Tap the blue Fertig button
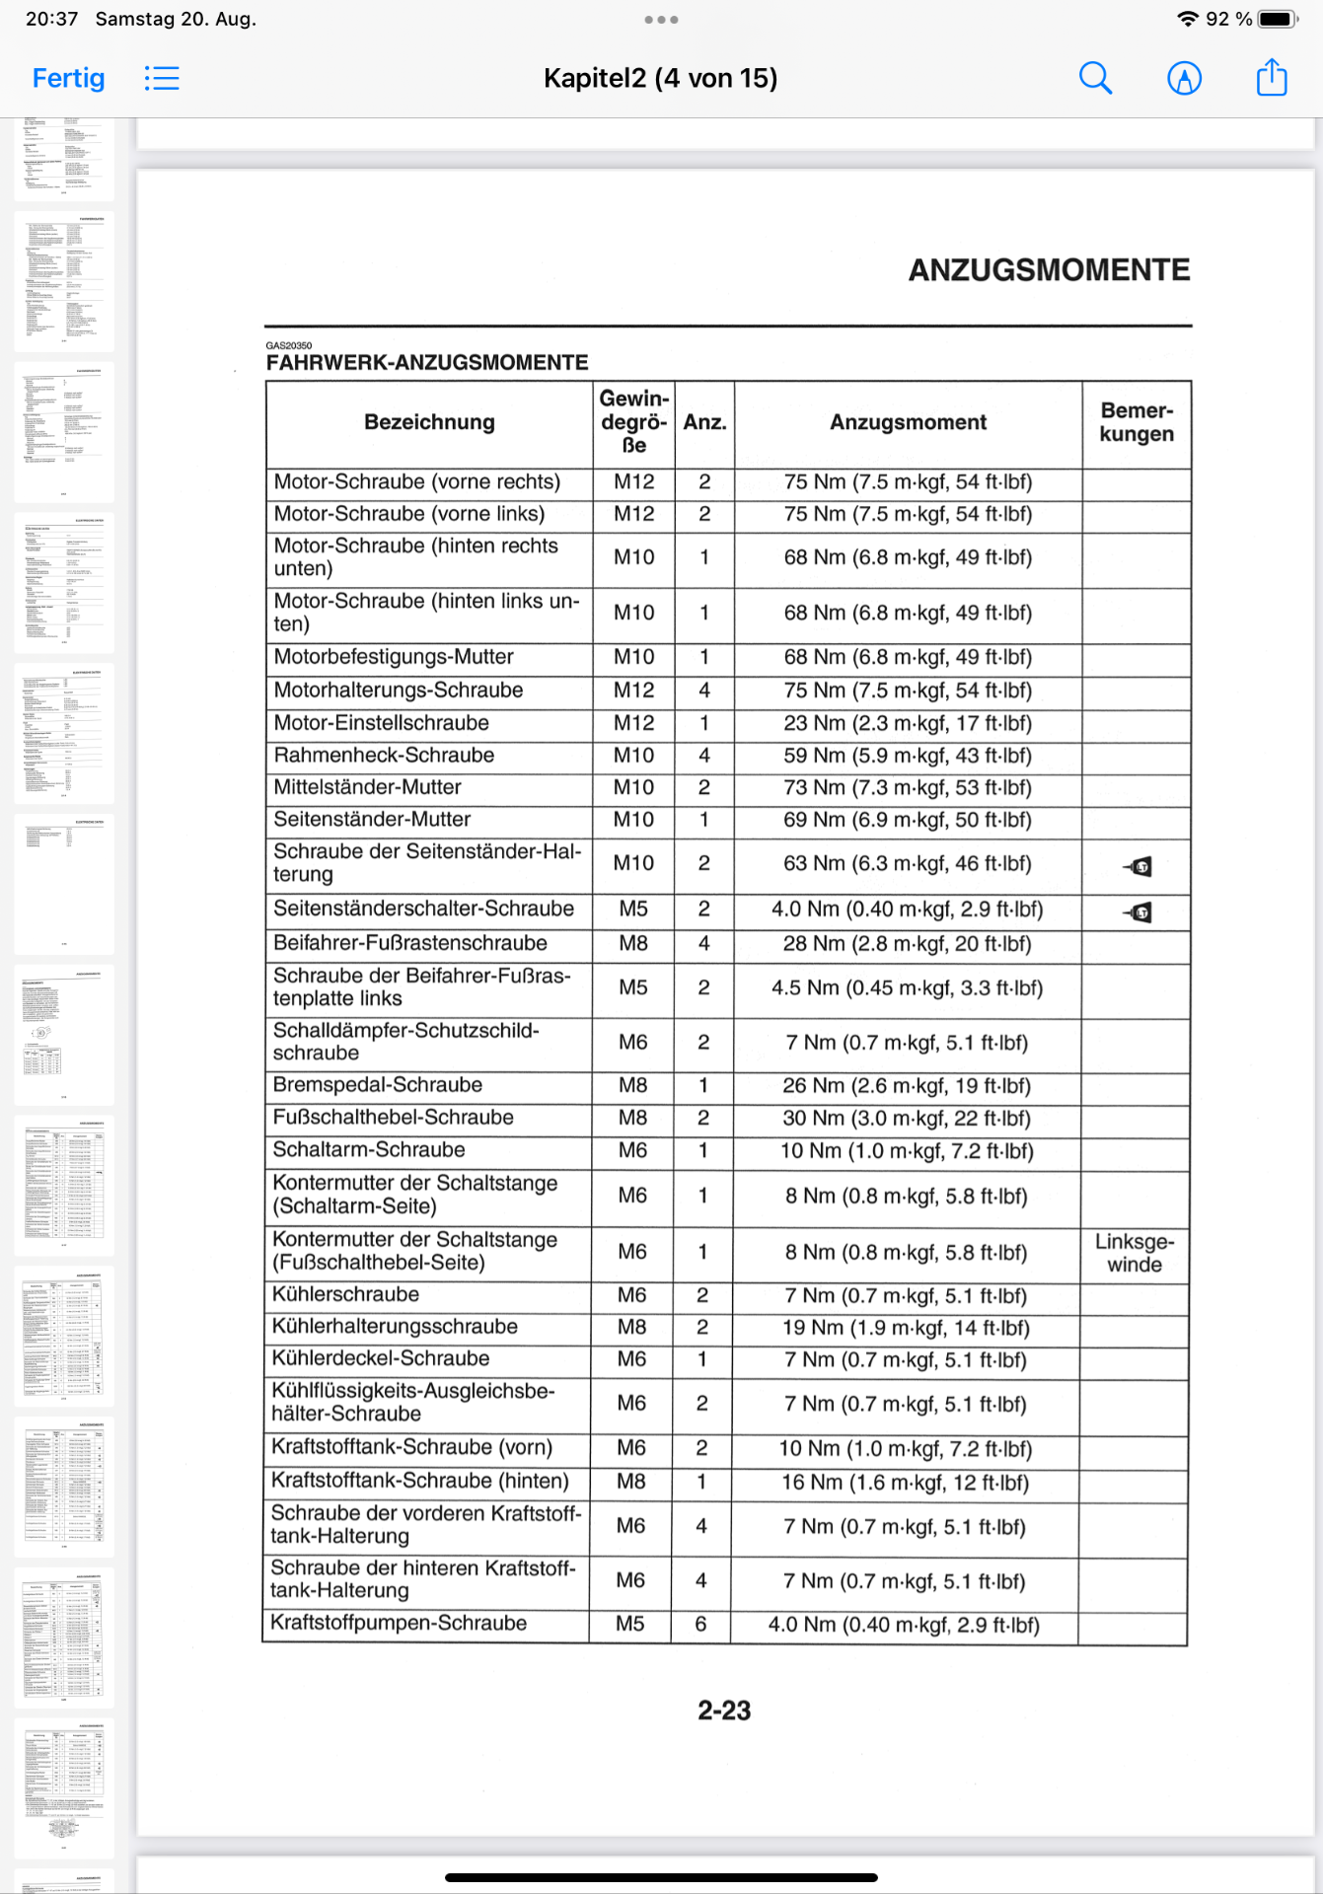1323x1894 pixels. point(68,78)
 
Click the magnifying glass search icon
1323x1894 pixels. point(1095,78)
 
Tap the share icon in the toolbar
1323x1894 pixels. point(1272,77)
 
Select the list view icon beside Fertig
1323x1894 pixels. point(162,78)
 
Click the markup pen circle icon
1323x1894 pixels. point(1184,78)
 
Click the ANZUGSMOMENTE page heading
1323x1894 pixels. point(1049,270)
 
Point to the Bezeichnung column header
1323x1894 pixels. point(429,422)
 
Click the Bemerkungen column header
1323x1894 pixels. point(1137,422)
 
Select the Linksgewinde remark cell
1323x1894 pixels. point(1135,1253)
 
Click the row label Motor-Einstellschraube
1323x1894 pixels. point(382,723)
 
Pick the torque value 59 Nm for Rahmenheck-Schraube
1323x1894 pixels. point(907,756)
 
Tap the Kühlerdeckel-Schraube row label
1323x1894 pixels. point(381,1358)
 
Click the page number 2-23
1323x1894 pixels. point(724,1711)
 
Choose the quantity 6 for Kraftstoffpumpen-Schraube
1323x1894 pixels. point(700,1624)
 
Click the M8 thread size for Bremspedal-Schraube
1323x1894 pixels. point(632,1085)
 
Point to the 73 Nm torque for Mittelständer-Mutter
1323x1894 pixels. point(907,788)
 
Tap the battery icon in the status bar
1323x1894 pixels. point(1278,19)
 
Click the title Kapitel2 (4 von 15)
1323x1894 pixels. point(660,78)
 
